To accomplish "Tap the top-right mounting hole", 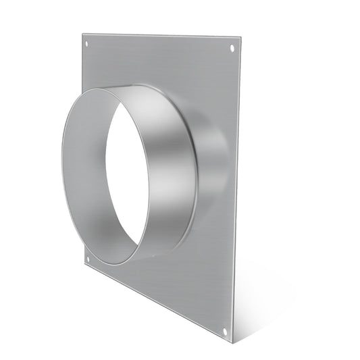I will (x=232, y=49).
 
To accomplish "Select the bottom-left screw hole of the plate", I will (x=86, y=257).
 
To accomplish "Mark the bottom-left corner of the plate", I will (x=82, y=265).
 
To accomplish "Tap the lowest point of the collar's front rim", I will (x=125, y=263).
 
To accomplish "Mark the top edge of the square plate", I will (x=162, y=34).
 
